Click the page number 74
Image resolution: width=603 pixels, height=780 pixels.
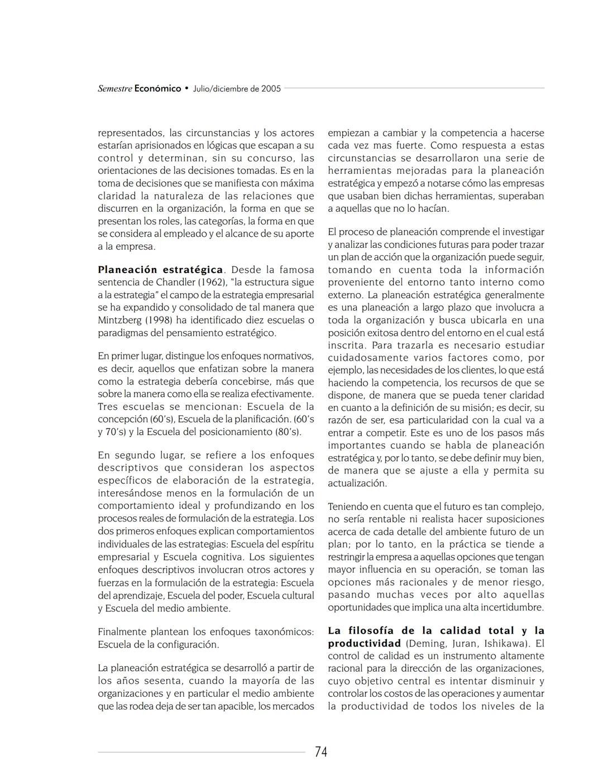click(321, 752)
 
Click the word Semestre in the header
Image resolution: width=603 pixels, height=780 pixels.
click(114, 89)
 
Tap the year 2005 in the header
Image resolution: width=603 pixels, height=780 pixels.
click(271, 89)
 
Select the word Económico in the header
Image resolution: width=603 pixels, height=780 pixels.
click(157, 89)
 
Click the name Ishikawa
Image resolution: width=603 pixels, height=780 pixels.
click(506, 643)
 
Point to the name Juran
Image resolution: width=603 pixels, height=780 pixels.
click(465, 643)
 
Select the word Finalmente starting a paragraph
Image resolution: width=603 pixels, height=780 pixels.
click(121, 632)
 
